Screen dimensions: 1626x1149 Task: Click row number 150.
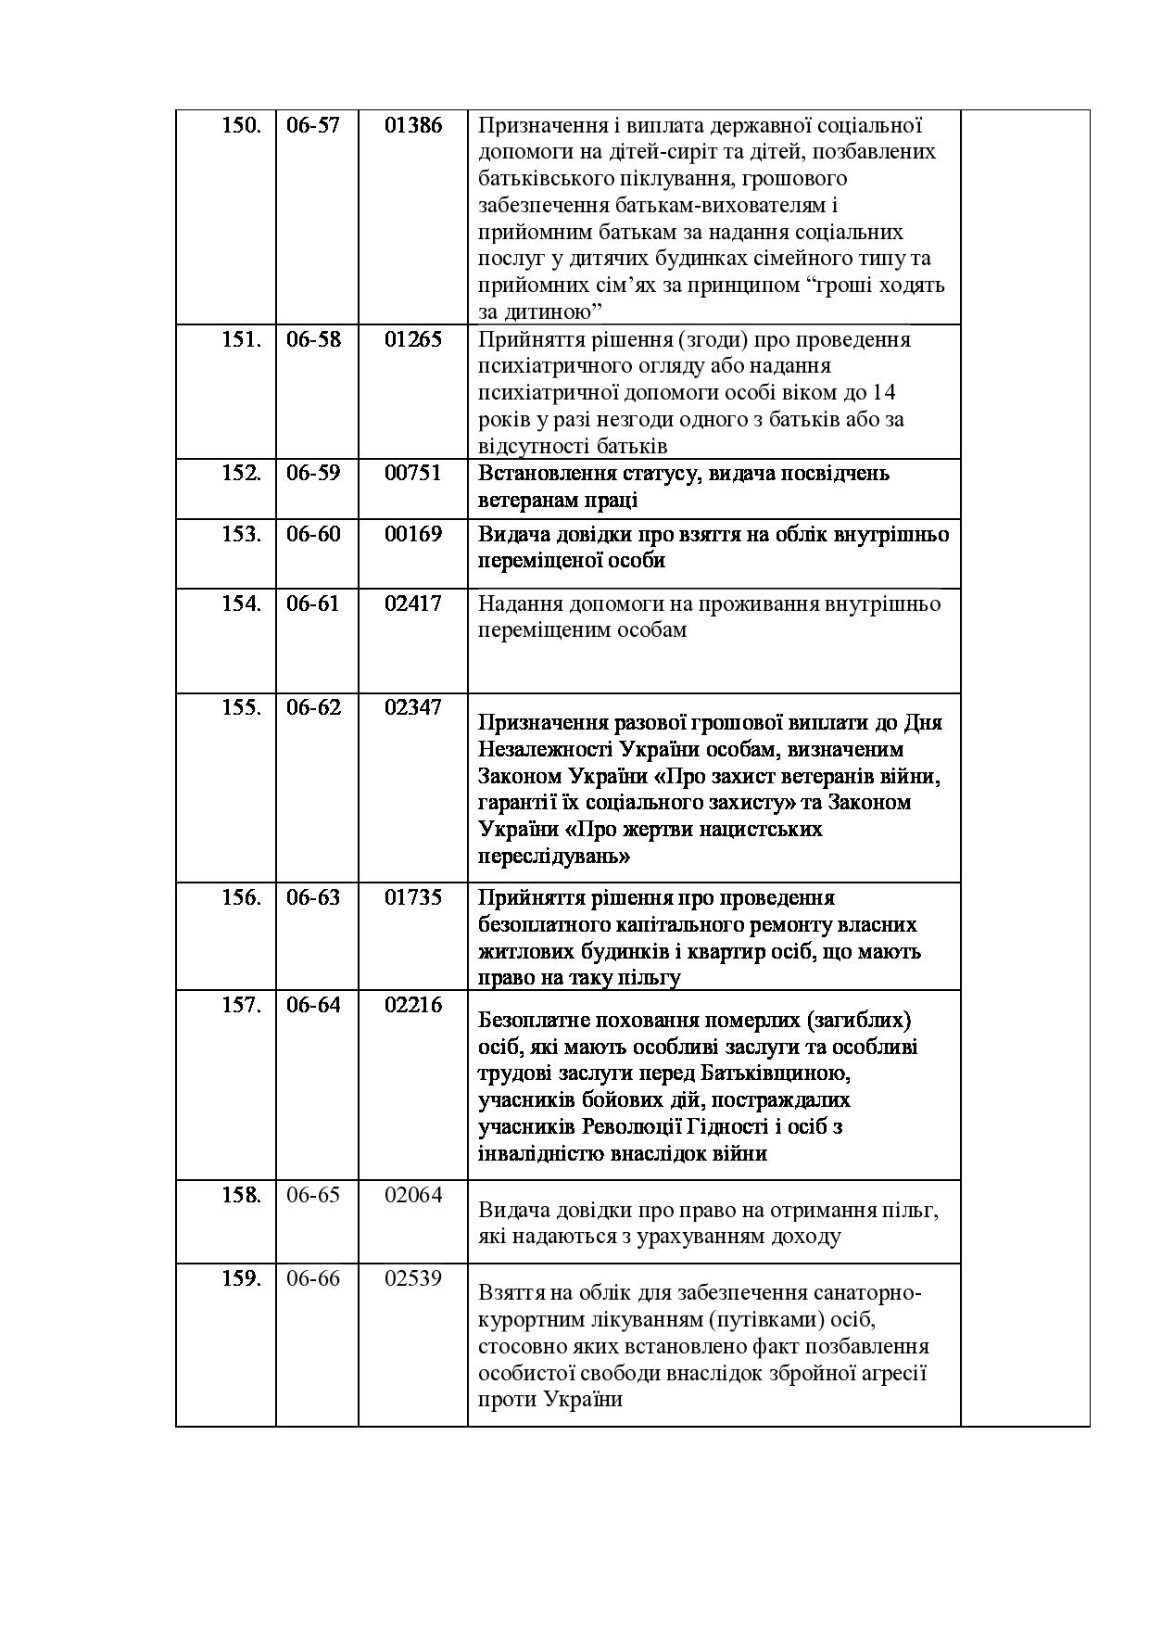(241, 125)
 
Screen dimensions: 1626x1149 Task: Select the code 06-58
(313, 339)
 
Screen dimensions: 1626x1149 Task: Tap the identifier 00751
(413, 473)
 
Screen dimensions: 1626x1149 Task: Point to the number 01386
(413, 125)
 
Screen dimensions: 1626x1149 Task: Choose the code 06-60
(313, 534)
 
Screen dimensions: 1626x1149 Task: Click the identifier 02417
(413, 603)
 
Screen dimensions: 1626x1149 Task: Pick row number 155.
(241, 707)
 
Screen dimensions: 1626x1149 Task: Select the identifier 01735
(413, 897)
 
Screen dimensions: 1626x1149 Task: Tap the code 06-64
(313, 1005)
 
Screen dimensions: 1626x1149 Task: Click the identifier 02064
(413, 1195)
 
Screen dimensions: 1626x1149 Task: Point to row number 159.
(241, 1278)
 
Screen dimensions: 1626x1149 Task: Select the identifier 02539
(413, 1278)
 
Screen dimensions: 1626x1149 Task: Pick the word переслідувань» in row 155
(554, 856)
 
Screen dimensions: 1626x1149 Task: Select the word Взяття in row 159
(508, 1294)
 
